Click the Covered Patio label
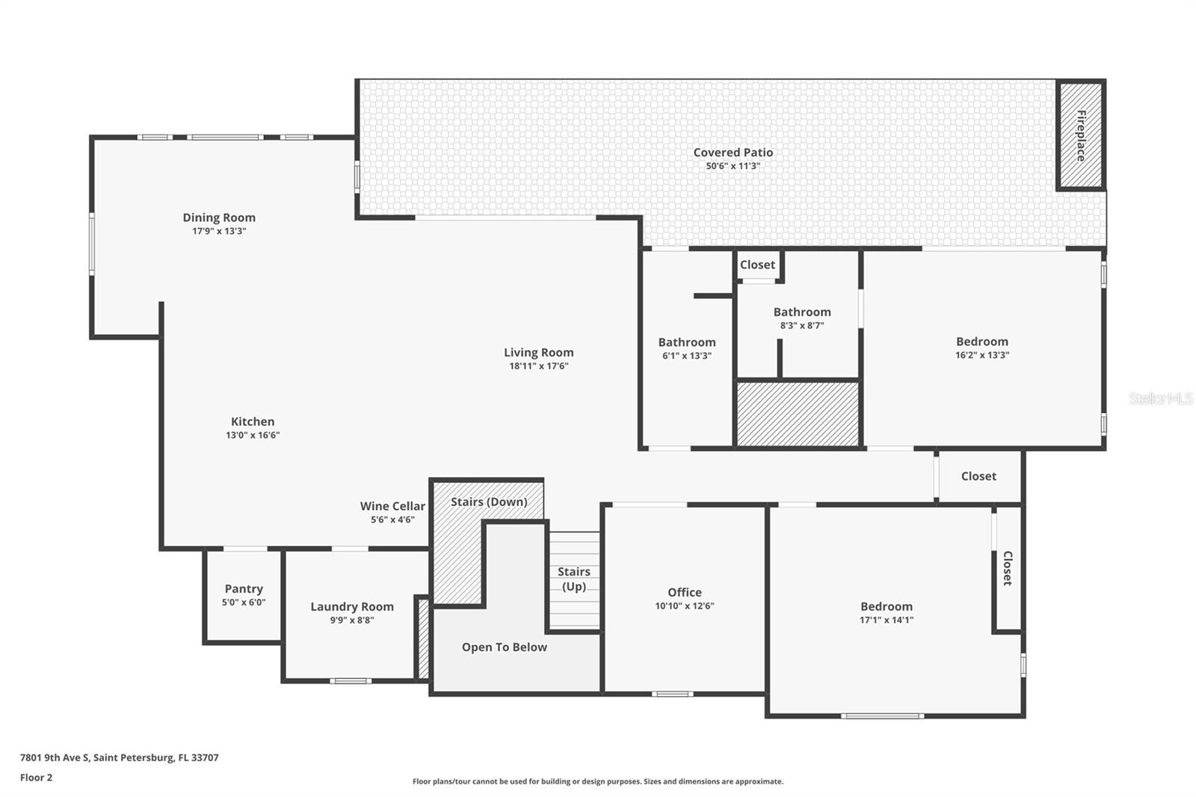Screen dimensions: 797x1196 (x=733, y=153)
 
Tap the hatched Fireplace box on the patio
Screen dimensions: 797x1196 (x=1080, y=135)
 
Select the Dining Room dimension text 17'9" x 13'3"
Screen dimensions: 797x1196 (x=219, y=232)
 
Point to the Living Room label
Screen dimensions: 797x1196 (x=538, y=353)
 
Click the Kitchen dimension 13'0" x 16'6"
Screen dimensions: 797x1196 (x=253, y=435)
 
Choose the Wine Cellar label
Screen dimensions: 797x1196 (x=392, y=506)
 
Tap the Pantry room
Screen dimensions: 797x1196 (x=244, y=595)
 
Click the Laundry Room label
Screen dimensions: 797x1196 (x=351, y=607)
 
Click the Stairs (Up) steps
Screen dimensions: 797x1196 (x=574, y=579)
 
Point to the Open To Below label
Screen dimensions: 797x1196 (x=504, y=647)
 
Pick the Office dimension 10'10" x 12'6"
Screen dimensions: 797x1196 (x=685, y=606)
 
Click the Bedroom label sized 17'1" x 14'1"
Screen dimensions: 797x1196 (x=886, y=607)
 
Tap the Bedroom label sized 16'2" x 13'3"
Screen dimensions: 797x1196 (x=981, y=342)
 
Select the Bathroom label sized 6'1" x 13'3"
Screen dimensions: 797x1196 (x=686, y=342)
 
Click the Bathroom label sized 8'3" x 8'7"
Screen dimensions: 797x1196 (x=801, y=313)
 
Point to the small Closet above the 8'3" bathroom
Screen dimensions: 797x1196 (x=757, y=265)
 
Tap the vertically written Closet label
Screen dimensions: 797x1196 (x=1007, y=568)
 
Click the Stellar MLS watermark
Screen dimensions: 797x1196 (x=1160, y=398)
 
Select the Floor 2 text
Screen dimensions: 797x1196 (x=36, y=778)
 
